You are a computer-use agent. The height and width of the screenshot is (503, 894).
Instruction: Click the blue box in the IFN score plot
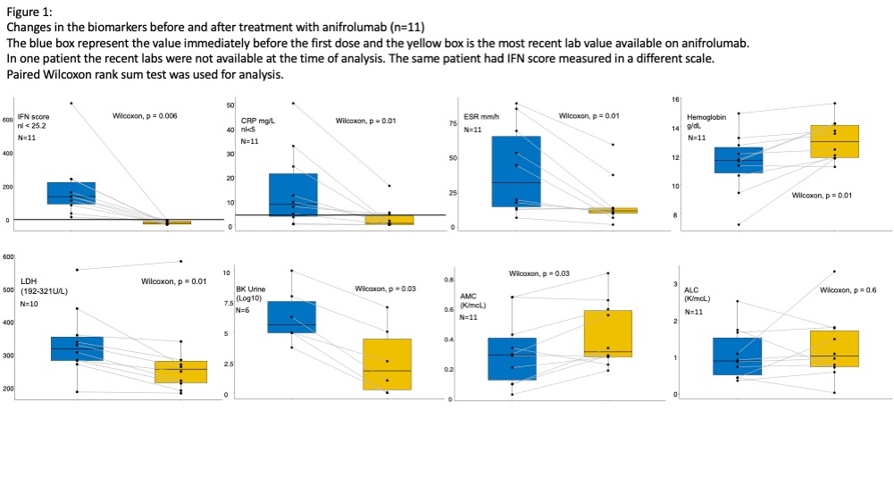tap(71, 193)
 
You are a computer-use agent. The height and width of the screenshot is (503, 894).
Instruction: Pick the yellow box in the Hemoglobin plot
tap(834, 141)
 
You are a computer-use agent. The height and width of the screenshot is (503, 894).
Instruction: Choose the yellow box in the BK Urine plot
tap(387, 364)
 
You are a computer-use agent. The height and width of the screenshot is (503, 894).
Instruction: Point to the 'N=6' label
tap(242, 310)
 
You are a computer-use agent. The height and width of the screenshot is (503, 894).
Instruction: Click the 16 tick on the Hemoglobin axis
tap(675, 99)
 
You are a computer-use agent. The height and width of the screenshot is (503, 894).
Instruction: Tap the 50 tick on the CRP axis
tap(230, 106)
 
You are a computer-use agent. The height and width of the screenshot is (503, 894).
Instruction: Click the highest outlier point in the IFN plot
tap(71, 103)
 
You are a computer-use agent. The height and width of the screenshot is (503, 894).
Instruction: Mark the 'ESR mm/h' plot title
tap(480, 115)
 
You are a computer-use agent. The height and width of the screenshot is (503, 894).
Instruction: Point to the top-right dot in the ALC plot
tap(834, 271)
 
